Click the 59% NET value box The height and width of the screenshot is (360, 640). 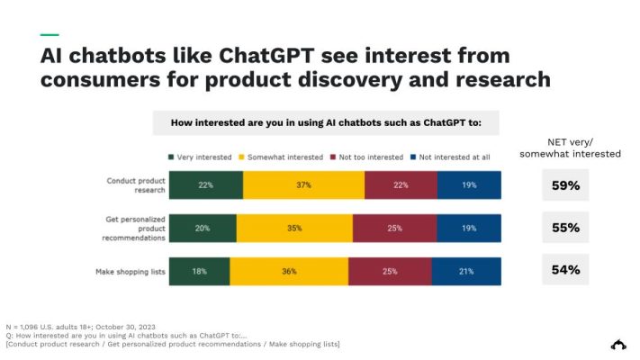click(x=565, y=186)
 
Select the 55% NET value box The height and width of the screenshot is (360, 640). click(x=565, y=228)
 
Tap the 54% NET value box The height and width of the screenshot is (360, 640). click(x=565, y=270)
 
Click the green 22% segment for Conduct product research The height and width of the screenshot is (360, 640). click(x=205, y=184)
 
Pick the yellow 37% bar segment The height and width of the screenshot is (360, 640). click(x=303, y=184)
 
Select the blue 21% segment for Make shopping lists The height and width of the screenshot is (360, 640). click(x=466, y=272)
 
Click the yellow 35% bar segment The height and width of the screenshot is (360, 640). click(x=294, y=229)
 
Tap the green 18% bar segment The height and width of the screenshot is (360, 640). click(x=199, y=272)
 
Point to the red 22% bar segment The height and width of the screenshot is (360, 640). click(x=401, y=184)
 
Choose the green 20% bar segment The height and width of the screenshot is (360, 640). click(x=203, y=229)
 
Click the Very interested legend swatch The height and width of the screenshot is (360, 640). click(x=172, y=157)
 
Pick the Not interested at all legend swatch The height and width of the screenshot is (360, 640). click(x=412, y=157)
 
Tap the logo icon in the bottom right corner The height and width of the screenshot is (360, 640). click(x=618, y=344)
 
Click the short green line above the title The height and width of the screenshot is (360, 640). click(x=50, y=35)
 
